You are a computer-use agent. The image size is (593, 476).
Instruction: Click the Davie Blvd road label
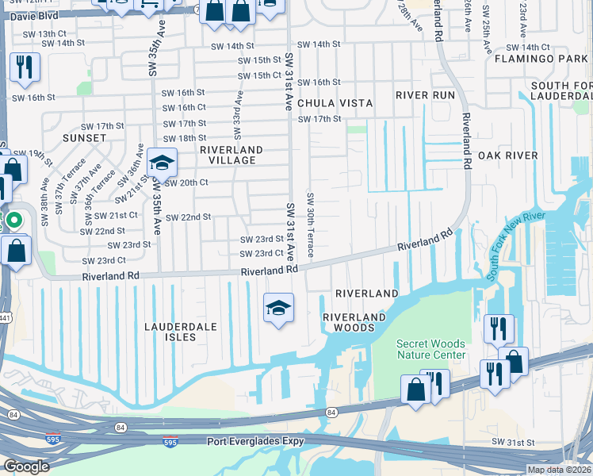pos(33,14)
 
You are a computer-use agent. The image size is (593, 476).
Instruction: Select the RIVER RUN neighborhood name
pos(426,95)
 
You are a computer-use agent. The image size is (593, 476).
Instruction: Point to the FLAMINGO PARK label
pos(533,59)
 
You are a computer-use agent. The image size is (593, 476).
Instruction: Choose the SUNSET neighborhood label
pos(84,138)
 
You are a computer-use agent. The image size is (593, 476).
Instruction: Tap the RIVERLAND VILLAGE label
pos(231,155)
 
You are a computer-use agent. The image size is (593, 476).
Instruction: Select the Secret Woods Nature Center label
pos(431,349)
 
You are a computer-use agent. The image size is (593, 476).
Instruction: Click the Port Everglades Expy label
pos(256,441)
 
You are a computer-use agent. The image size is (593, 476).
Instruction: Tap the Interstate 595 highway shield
pos(170,441)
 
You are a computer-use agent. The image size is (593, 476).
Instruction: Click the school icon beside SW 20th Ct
pos(162,163)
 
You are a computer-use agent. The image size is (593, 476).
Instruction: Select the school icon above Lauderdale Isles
pos(278,307)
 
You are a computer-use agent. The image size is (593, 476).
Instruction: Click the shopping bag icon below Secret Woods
pos(416,390)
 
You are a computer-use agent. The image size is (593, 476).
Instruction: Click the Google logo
pos(26,466)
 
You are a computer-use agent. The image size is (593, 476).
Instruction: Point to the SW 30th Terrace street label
pos(311,225)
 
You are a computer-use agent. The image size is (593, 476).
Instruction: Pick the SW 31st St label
pos(514,441)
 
